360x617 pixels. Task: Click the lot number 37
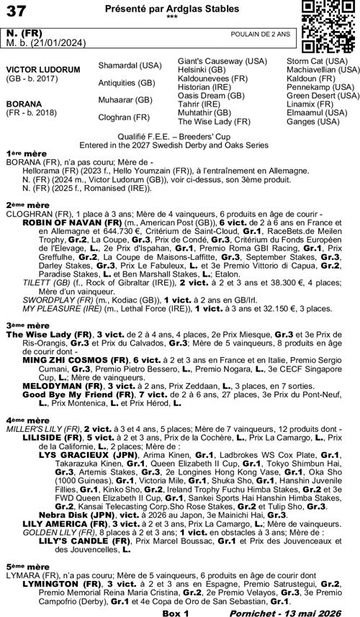click(x=16, y=12)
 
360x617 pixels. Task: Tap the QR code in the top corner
click(x=323, y=25)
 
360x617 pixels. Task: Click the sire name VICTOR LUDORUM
click(x=38, y=70)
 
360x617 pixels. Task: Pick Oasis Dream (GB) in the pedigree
click(x=210, y=96)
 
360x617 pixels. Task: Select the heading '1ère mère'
click(x=23, y=153)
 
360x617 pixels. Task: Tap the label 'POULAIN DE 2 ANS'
click(x=261, y=34)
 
